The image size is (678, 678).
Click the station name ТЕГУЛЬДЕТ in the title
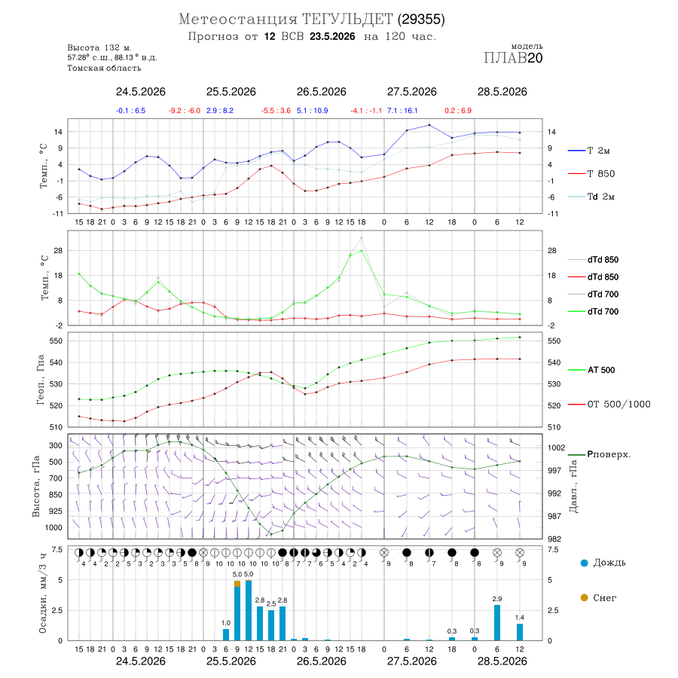[347, 20]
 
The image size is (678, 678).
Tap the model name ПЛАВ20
[513, 58]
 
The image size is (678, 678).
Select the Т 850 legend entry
[591, 174]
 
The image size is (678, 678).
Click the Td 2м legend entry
[591, 197]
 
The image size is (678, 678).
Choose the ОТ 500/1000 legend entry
[609, 405]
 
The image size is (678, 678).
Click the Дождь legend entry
[603, 563]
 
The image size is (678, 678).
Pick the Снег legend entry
[598, 597]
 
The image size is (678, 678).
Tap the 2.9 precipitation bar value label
[497, 599]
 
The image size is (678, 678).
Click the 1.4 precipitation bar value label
[519, 618]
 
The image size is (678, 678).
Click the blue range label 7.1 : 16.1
[402, 111]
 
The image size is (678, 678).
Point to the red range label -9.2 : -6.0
[185, 111]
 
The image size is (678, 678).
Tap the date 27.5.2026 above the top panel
[411, 92]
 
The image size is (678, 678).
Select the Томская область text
[104, 68]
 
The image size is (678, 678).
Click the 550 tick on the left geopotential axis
[56, 341]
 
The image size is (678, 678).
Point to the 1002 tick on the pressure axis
[557, 447]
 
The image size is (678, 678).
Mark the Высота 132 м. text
[99, 47]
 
